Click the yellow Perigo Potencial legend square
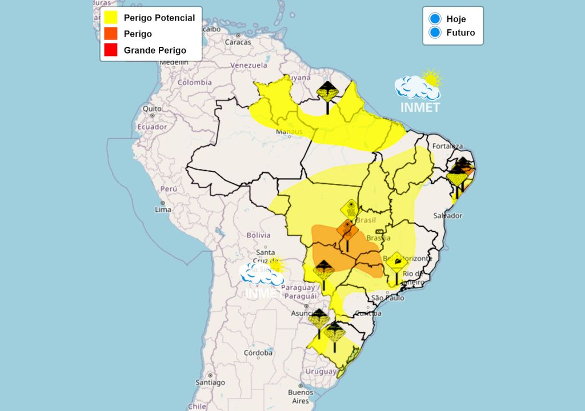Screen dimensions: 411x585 [111, 18]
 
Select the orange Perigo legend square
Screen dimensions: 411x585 [111, 34]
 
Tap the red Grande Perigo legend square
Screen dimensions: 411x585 [111, 50]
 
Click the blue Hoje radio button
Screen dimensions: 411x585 [435, 19]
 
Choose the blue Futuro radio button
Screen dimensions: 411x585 [435, 33]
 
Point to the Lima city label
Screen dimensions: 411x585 [163, 209]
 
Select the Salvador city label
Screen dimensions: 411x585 [447, 216]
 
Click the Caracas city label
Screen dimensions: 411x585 [238, 42]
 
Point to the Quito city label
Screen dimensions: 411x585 [152, 108]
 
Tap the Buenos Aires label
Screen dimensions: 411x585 [300, 396]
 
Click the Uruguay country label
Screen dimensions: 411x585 [320, 371]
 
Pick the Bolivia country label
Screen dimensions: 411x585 [258, 235]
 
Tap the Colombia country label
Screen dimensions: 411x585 [194, 82]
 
